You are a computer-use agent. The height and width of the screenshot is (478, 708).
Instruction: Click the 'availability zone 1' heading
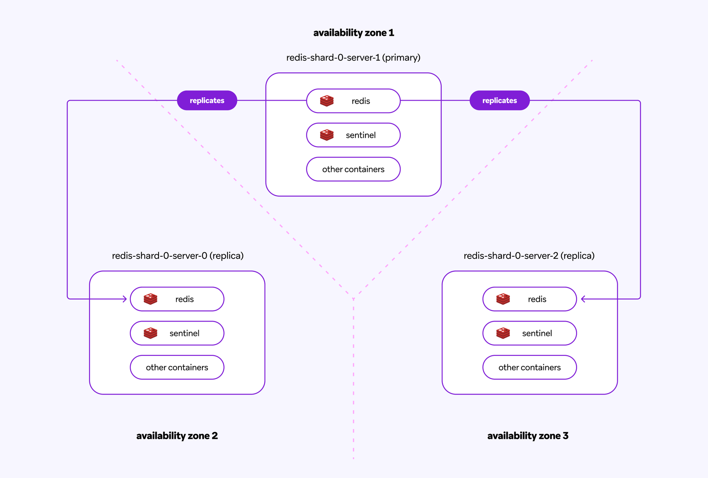pos(354,33)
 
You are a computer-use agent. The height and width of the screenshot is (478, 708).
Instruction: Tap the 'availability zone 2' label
pos(177,436)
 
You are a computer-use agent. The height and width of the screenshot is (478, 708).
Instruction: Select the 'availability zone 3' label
pos(528,436)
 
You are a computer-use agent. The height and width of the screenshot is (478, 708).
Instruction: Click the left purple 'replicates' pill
pos(207,100)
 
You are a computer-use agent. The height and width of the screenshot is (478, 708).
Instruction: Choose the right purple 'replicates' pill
pos(499,100)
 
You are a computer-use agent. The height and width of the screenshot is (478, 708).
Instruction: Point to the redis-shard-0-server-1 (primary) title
pos(353,58)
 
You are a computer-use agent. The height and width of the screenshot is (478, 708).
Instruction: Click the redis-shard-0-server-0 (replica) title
pos(178,256)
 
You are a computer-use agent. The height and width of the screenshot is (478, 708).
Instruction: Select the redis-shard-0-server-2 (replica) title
pos(529,256)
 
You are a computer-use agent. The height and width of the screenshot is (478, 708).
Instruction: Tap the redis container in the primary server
pos(353,101)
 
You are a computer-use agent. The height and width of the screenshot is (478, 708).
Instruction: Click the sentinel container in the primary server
pos(353,135)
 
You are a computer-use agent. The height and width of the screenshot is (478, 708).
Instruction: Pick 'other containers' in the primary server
pos(353,169)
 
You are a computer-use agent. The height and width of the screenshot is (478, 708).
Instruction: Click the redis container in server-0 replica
pos(177,299)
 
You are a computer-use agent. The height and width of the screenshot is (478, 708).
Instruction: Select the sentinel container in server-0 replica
pos(177,333)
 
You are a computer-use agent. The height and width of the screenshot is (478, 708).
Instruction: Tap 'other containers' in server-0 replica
pos(177,367)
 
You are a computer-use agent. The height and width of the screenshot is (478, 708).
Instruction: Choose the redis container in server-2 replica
pos(530,299)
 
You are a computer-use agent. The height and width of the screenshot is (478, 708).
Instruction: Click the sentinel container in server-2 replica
pos(530,333)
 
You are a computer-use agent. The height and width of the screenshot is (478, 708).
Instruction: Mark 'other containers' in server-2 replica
pos(530,367)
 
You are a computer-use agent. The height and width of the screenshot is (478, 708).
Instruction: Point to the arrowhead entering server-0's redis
pos(125,299)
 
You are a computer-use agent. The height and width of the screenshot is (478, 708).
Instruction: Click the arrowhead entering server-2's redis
pos(583,299)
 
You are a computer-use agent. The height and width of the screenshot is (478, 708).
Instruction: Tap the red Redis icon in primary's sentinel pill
pos(327,135)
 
